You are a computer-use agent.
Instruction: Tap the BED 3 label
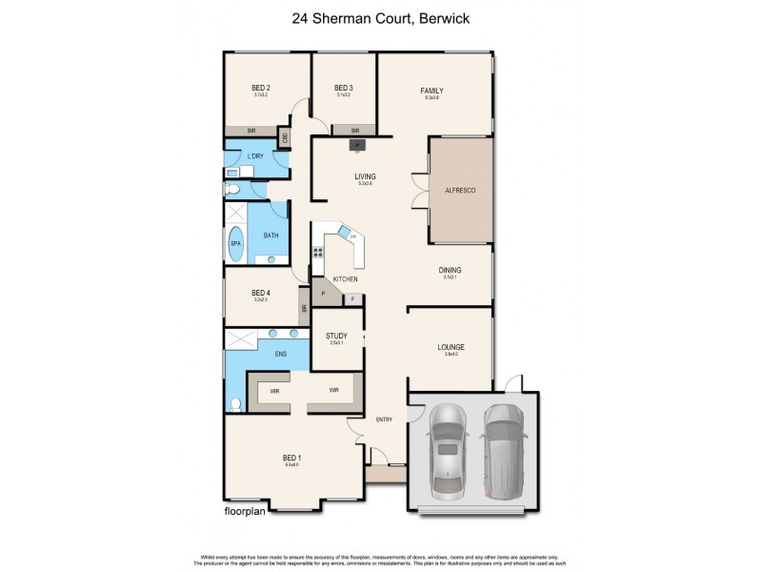pyautogui.click(x=344, y=87)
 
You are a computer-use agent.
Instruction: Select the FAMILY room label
pyautogui.click(x=432, y=91)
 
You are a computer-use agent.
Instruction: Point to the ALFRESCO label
pyautogui.click(x=460, y=191)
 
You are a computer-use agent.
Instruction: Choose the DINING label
pyautogui.click(x=450, y=270)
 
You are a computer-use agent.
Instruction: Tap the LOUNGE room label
pyautogui.click(x=451, y=347)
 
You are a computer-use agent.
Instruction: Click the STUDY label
pyautogui.click(x=336, y=337)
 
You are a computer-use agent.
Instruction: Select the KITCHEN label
pyautogui.click(x=345, y=278)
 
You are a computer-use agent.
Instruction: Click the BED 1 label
pyautogui.click(x=291, y=458)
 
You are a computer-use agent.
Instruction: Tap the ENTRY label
pyautogui.click(x=383, y=419)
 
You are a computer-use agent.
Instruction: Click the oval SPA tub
pyautogui.click(x=235, y=244)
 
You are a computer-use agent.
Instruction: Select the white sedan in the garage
pyautogui.click(x=446, y=451)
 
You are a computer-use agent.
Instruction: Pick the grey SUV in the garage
pyautogui.click(x=503, y=451)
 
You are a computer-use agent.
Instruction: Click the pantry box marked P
pyautogui.click(x=324, y=295)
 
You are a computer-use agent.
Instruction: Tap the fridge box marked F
pyautogui.click(x=353, y=299)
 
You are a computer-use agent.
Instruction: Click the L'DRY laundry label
pyautogui.click(x=255, y=155)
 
